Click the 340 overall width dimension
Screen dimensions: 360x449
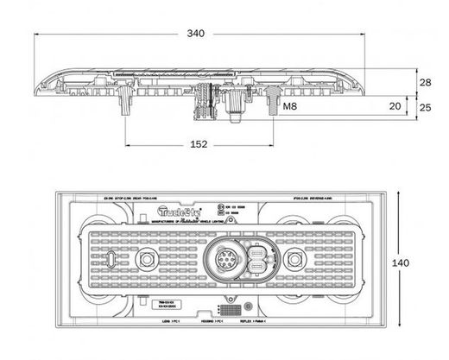pyautogui.click(x=197, y=34)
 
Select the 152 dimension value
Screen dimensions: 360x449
pyautogui.click(x=199, y=144)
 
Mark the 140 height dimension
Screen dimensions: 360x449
pyautogui.click(x=425, y=262)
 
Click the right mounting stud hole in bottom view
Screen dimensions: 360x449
pyautogui.click(x=297, y=259)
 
